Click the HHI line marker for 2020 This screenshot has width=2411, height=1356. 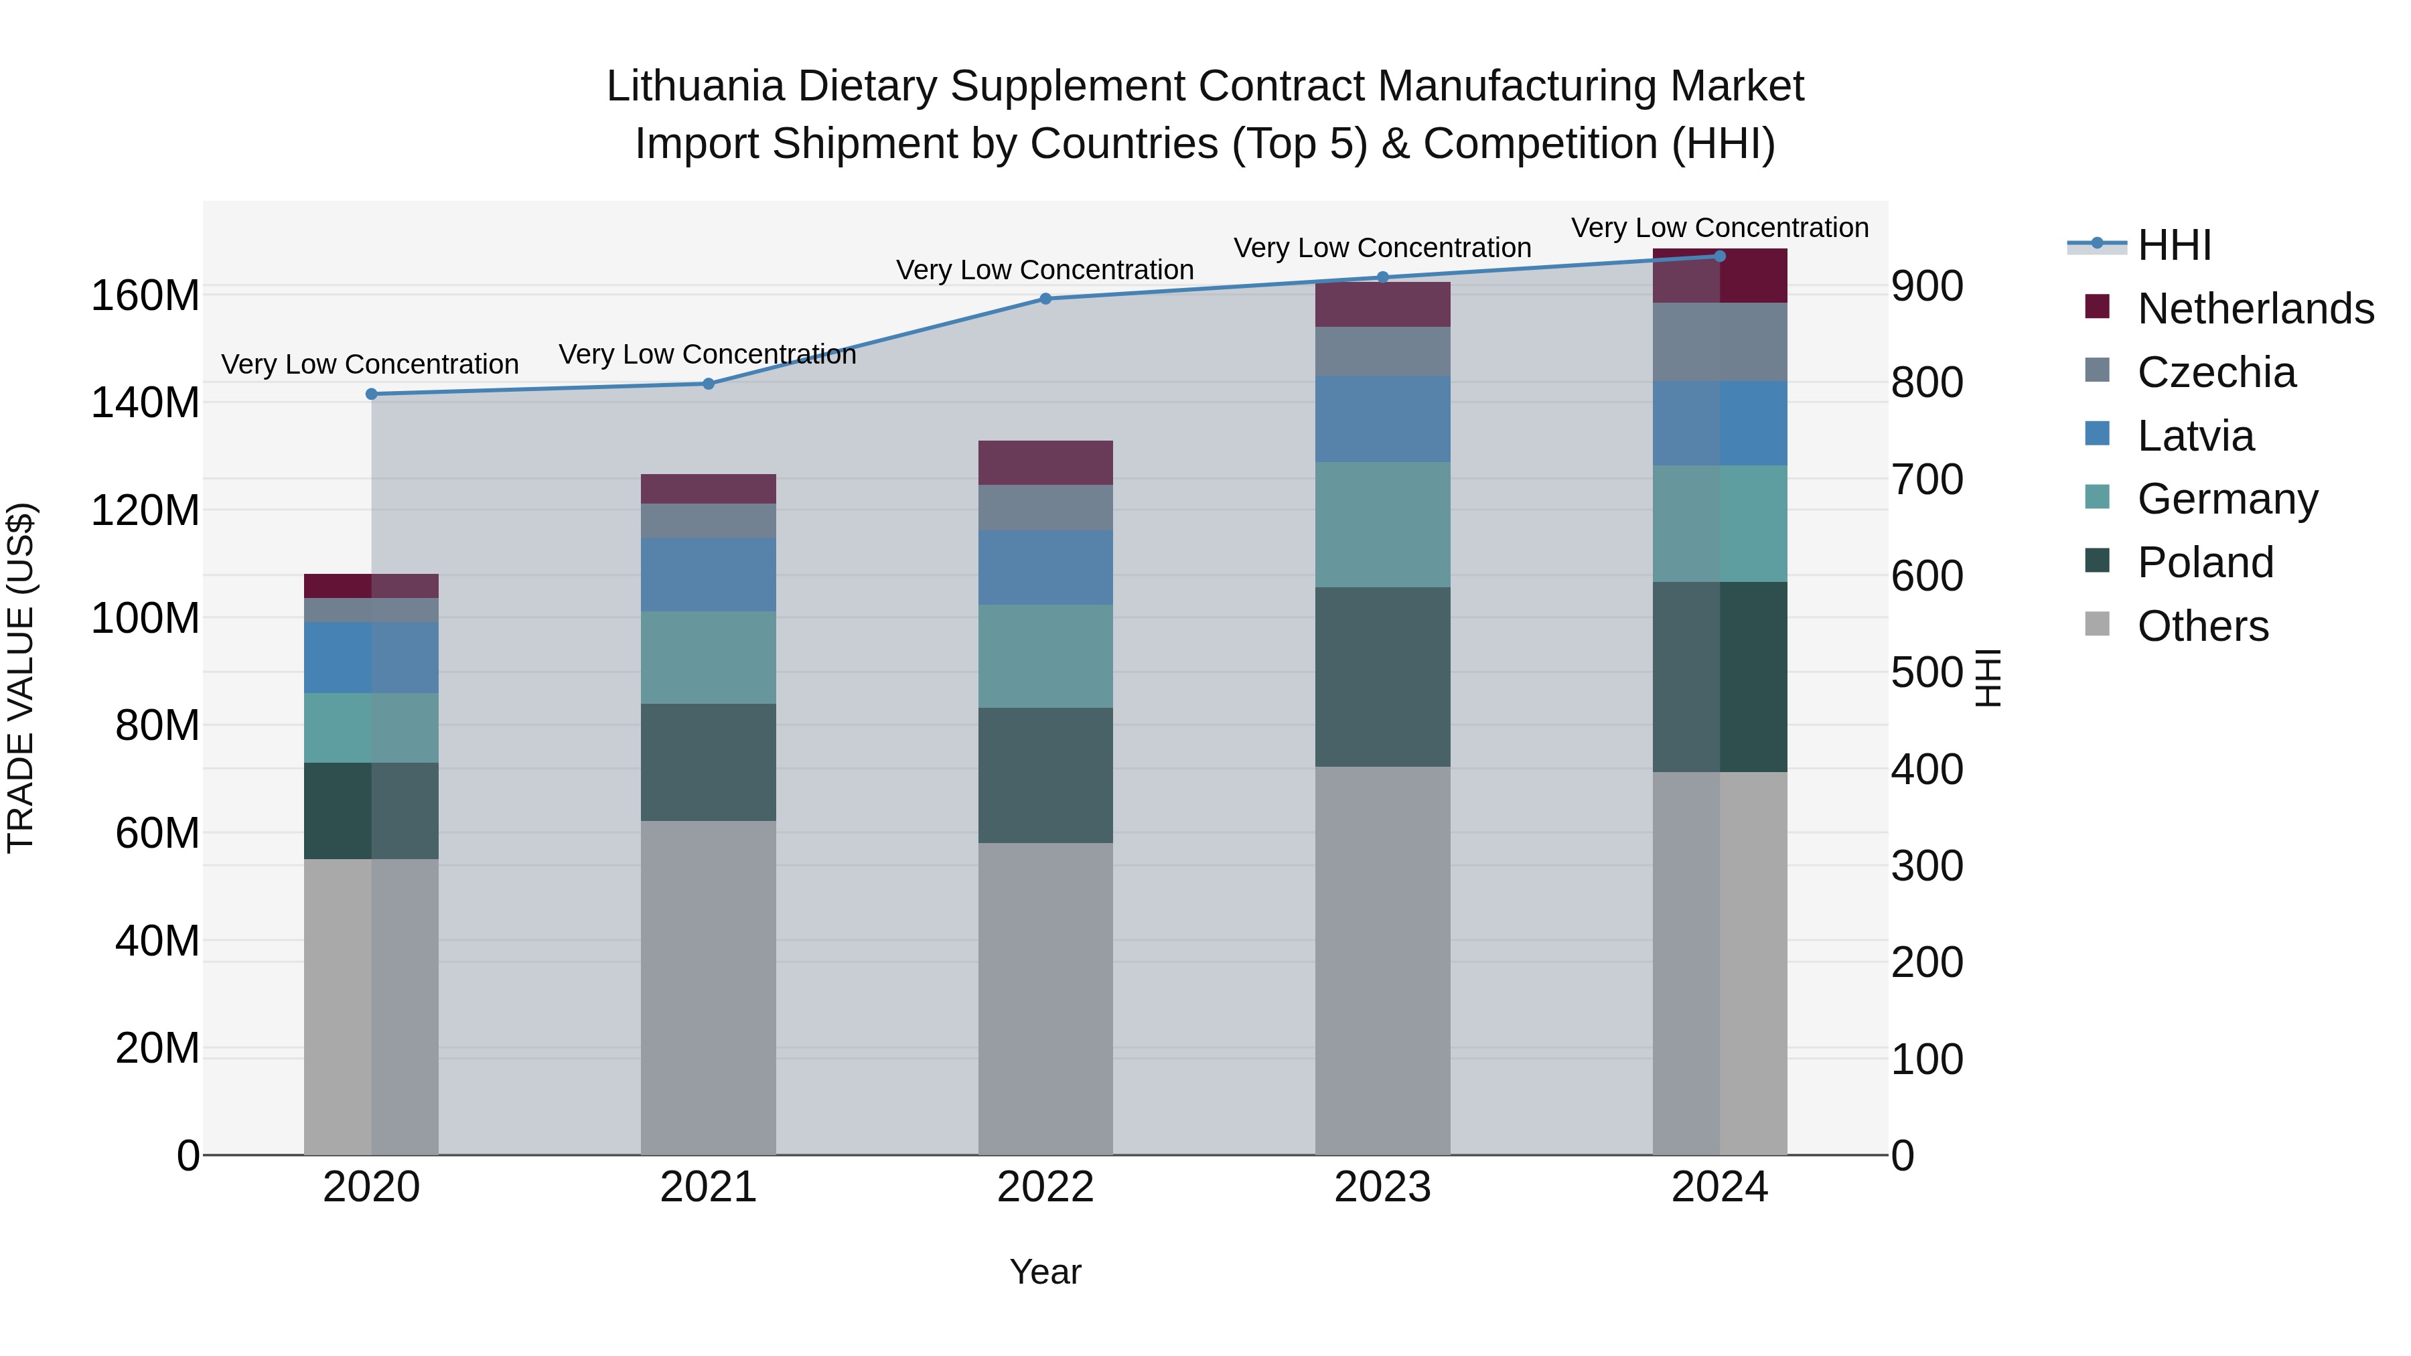pyautogui.click(x=372, y=394)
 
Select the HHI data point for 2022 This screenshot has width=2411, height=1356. pyautogui.click(x=1045, y=299)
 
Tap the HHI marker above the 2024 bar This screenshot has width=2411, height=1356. pyautogui.click(x=1719, y=256)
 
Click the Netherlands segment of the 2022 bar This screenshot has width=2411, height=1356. pyautogui.click(x=1045, y=462)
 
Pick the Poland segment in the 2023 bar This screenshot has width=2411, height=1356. pyautogui.click(x=1382, y=676)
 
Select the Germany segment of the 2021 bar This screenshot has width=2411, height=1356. pyautogui.click(x=709, y=657)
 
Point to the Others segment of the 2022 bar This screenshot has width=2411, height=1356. pyautogui.click(x=1045, y=998)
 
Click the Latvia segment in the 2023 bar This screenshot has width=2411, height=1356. pyautogui.click(x=1382, y=419)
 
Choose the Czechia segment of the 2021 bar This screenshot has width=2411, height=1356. pyautogui.click(x=709, y=520)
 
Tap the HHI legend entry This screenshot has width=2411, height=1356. pyautogui.click(x=2174, y=245)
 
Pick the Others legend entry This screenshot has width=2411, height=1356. pyautogui.click(x=2202, y=626)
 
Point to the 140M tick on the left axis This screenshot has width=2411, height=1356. pyautogui.click(x=145, y=403)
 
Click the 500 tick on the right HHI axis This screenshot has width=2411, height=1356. pyautogui.click(x=1926, y=673)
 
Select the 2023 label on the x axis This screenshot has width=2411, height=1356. pyautogui.click(x=1382, y=1187)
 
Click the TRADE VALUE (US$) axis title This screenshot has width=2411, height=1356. pyautogui.click(x=21, y=678)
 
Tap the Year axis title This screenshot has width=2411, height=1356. pyautogui.click(x=1045, y=1272)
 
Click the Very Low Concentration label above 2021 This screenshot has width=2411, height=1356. pyautogui.click(x=708, y=355)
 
